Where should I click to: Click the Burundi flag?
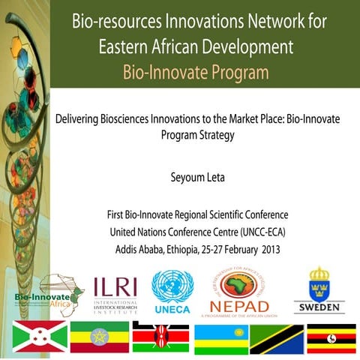point(37,337)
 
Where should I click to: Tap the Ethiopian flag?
point(98,337)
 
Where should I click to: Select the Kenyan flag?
point(160,337)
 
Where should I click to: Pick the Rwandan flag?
point(220,337)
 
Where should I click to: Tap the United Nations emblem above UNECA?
point(172,286)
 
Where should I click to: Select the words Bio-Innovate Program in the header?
point(196,73)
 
